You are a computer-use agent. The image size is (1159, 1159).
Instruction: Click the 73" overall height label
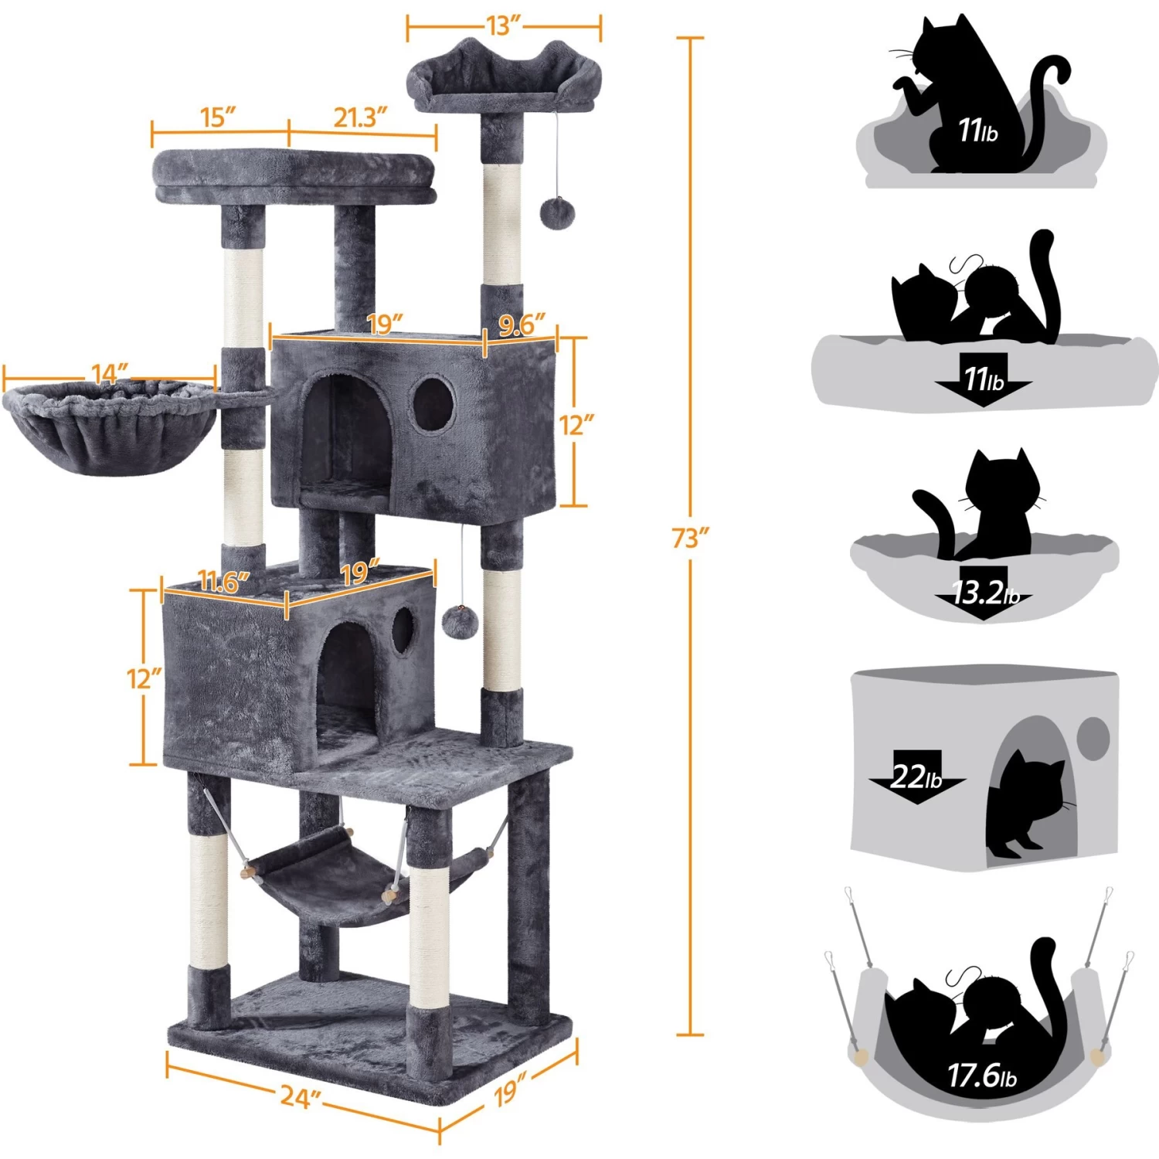click(x=689, y=538)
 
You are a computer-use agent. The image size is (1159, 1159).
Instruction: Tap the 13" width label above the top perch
click(x=504, y=25)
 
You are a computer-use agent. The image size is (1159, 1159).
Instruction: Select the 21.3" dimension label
click(x=359, y=117)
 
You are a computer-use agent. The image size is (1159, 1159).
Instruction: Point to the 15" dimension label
click(x=218, y=117)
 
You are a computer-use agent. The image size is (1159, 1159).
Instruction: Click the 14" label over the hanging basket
click(x=110, y=374)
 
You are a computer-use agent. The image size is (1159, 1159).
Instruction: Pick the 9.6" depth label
click(x=522, y=325)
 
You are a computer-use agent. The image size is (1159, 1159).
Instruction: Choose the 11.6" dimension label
click(x=223, y=581)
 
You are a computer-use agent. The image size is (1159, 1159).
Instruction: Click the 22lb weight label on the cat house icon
click(x=916, y=776)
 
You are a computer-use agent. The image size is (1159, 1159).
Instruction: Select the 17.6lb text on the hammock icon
click(x=982, y=1075)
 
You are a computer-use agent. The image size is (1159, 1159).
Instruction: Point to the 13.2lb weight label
click(x=985, y=593)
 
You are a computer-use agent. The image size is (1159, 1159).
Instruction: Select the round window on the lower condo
click(x=403, y=630)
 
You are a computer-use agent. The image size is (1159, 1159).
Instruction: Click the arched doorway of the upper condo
click(x=345, y=433)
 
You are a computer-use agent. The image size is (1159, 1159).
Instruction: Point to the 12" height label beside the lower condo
click(x=144, y=678)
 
